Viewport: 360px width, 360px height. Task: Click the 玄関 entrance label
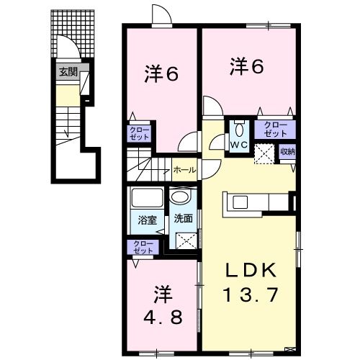68,71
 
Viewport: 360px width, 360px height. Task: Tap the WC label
239,145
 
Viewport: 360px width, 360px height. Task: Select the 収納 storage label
287,152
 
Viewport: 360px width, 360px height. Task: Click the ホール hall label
184,170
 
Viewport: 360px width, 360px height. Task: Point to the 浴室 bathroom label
148,220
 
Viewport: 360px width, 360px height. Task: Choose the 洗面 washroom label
184,218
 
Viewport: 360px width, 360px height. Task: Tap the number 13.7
251,295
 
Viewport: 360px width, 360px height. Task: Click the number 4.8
163,318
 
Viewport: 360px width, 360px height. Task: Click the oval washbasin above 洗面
179,197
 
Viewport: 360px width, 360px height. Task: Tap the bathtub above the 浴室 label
148,197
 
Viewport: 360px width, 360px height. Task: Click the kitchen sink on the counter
240,202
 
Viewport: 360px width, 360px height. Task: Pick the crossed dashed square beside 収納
264,154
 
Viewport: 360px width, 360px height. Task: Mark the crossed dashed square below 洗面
186,240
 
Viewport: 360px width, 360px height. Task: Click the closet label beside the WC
275,130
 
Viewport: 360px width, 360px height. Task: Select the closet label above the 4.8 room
143,247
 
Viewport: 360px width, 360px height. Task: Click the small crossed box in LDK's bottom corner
289,349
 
